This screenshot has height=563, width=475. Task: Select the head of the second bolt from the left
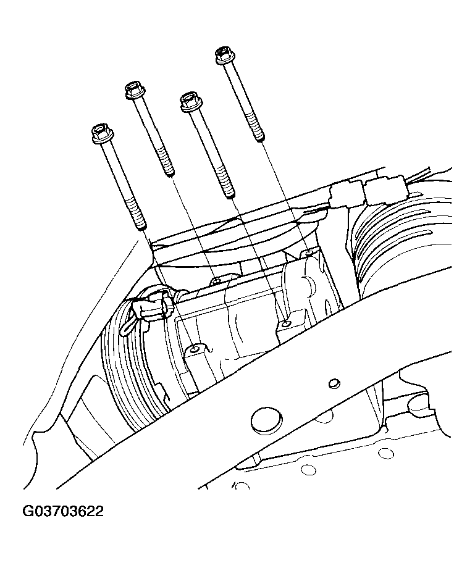(x=133, y=90)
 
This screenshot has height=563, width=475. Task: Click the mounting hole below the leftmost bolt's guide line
(x=195, y=350)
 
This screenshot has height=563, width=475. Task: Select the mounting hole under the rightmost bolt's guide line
(x=309, y=252)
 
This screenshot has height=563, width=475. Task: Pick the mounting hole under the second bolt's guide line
(x=216, y=281)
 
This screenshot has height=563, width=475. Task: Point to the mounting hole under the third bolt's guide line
(x=285, y=323)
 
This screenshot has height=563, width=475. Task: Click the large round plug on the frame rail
(x=264, y=419)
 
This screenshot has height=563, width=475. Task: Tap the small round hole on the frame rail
(x=334, y=383)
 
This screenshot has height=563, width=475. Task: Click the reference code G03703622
(x=63, y=512)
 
